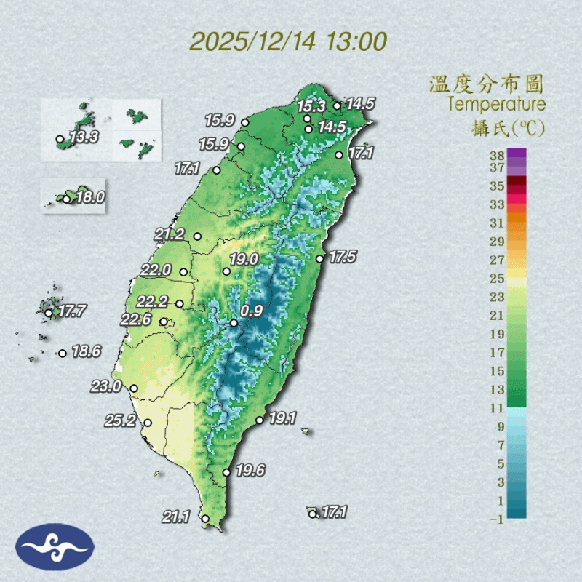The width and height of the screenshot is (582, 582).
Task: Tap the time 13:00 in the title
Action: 357,41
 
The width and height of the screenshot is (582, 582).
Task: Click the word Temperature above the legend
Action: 496,105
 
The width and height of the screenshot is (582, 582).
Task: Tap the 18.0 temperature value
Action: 90,196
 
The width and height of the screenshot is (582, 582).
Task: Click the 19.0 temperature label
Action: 244,259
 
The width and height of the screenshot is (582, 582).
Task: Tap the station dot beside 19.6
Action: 227,473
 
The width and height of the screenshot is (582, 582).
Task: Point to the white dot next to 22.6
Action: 164,322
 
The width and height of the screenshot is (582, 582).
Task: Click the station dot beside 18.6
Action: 63,354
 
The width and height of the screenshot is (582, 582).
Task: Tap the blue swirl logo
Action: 55,546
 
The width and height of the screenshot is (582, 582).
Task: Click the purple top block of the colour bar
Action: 516,154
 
